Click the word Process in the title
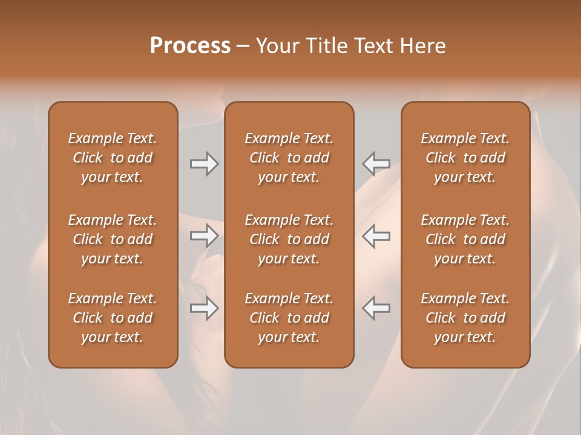(x=190, y=46)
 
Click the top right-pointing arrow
(x=204, y=164)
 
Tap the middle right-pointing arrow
(x=204, y=236)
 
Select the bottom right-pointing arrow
(x=204, y=308)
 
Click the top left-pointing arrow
(x=376, y=164)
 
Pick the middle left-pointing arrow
(x=376, y=236)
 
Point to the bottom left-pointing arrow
(x=376, y=308)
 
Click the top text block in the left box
(x=113, y=158)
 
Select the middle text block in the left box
(x=113, y=239)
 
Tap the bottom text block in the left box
(x=113, y=318)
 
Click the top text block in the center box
(x=289, y=158)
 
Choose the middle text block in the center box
(x=289, y=239)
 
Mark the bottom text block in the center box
(x=289, y=318)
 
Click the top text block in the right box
(x=465, y=158)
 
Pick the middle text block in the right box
(x=465, y=239)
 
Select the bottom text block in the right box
(x=465, y=318)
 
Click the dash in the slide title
(x=243, y=47)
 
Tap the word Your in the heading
(x=277, y=46)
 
